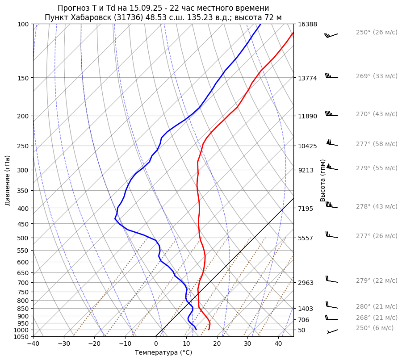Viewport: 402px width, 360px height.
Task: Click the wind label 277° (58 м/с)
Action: point(376,144)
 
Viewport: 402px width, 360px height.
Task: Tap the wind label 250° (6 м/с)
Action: point(374,328)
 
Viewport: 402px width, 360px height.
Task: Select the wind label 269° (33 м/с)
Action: point(376,76)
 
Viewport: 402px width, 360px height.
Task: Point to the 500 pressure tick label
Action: point(23,238)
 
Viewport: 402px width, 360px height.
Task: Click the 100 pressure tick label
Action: point(23,24)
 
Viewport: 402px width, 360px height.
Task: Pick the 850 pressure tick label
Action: point(23,309)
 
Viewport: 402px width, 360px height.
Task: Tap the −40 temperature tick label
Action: point(33,344)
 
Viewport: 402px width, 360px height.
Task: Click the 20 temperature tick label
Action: point(217,344)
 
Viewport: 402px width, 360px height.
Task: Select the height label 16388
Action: point(307,24)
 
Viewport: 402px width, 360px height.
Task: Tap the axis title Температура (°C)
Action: point(163,353)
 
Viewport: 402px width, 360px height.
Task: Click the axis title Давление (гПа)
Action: point(8,180)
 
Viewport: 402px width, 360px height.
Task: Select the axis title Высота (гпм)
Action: point(323,180)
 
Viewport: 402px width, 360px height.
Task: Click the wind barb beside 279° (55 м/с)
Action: point(332,167)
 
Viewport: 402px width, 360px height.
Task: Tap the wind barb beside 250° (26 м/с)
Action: point(331,35)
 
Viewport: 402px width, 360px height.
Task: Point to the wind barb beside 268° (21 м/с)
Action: point(331,318)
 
